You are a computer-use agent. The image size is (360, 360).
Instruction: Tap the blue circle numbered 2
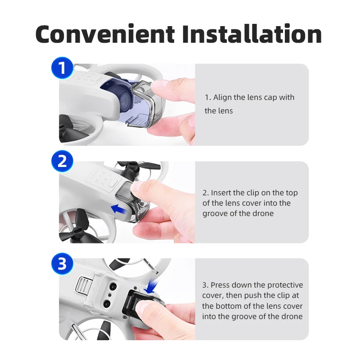[x=63, y=162]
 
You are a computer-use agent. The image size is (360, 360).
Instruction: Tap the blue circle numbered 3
[x=63, y=264]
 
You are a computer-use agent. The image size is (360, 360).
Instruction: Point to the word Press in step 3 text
[x=220, y=285]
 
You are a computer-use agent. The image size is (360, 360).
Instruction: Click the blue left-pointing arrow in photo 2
[x=118, y=208]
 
